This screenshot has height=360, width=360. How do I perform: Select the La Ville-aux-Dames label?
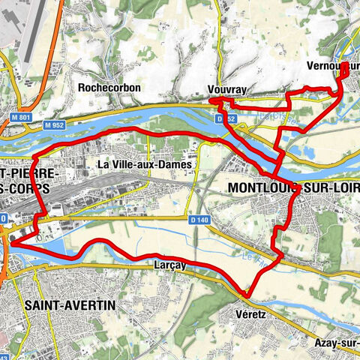[146, 163]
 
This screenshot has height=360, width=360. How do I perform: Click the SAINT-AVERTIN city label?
[69, 305]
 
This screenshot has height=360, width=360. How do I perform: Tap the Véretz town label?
[250, 311]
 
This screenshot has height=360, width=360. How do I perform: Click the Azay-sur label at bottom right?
[335, 342]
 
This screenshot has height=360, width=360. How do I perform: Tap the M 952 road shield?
[54, 124]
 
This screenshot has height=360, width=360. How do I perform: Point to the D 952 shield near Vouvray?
[220, 118]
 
